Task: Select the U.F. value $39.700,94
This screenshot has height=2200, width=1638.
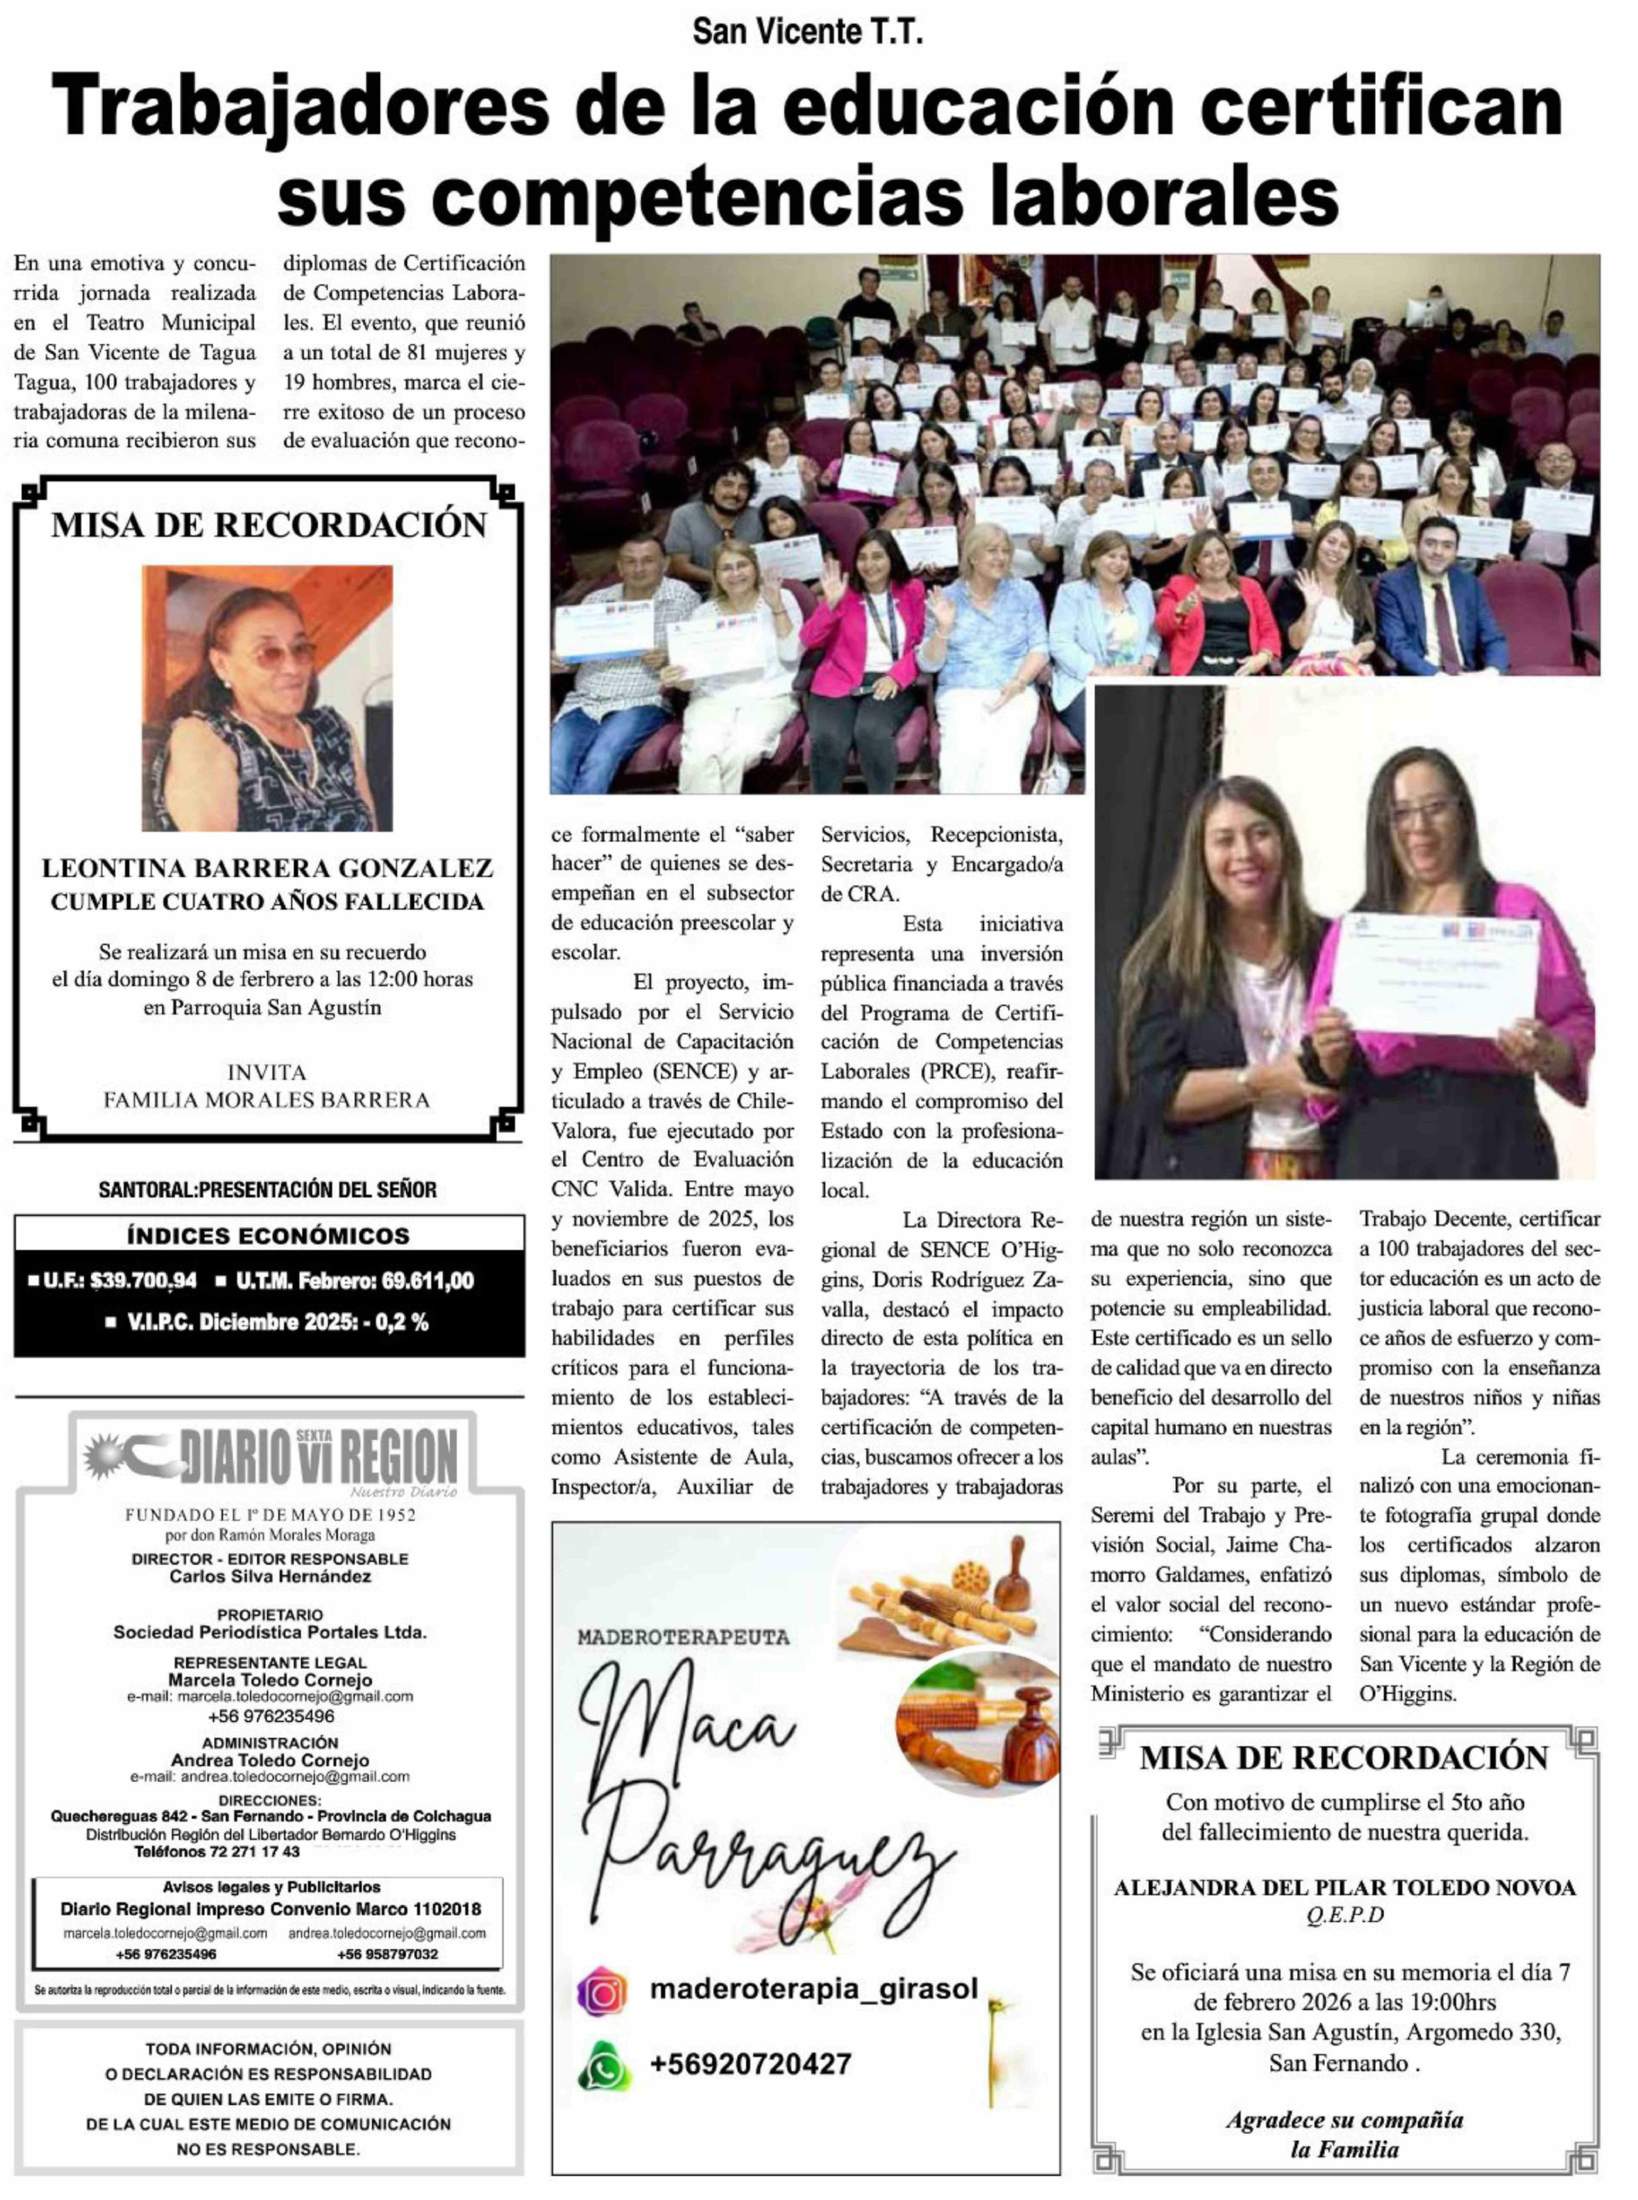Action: [x=144, y=1281]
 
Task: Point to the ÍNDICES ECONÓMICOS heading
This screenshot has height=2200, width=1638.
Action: [x=269, y=1235]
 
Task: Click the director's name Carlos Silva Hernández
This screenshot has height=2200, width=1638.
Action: [x=270, y=1577]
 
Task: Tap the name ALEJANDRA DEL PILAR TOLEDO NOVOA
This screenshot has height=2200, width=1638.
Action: [x=1344, y=1888]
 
